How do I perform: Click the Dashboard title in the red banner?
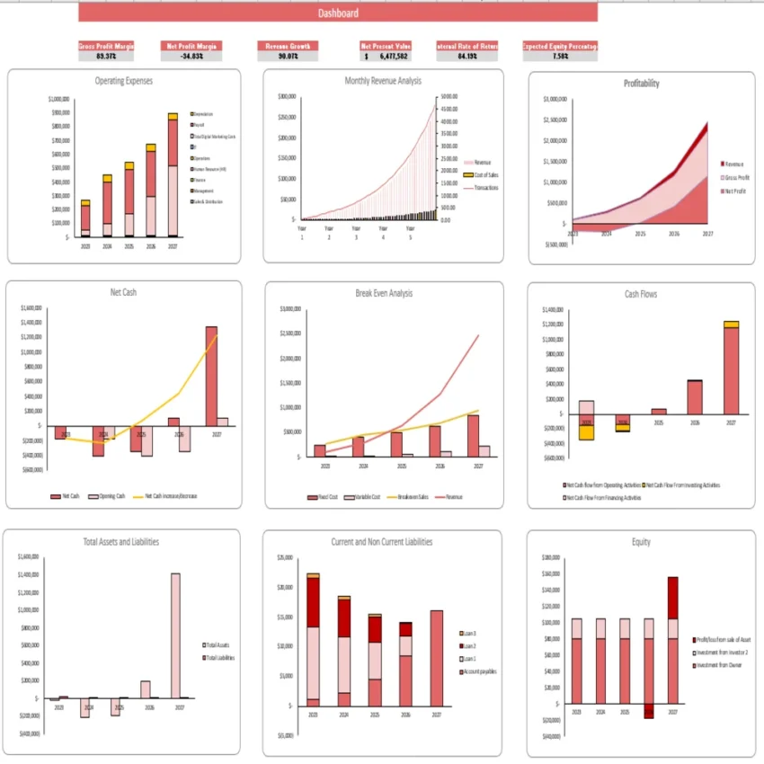[338, 13]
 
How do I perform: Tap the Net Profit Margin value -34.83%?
[191, 56]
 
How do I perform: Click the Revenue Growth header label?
[288, 45]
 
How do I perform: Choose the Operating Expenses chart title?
[124, 81]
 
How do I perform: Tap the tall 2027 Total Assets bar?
[175, 635]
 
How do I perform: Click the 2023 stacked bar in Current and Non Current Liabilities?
[313, 638]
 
